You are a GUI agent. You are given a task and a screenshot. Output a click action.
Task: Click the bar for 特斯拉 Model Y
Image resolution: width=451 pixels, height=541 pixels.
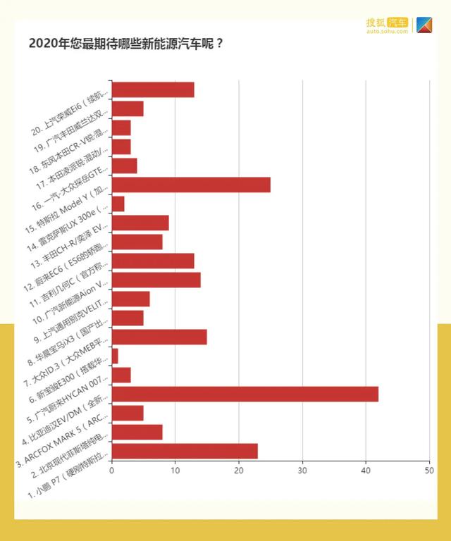tap(190, 185)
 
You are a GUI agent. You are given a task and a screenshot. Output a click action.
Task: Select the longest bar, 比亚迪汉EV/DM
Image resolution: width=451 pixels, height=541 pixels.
tap(245, 394)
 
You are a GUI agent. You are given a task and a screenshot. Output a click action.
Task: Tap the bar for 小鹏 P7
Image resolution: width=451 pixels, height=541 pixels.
tap(184, 451)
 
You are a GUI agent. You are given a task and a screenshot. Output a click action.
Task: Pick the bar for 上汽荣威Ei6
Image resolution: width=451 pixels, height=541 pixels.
tap(152, 89)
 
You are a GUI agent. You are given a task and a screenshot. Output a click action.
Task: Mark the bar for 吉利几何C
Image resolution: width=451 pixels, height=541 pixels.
tap(156, 280)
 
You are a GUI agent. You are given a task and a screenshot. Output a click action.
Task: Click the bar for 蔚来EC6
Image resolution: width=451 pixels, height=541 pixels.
tap(152, 261)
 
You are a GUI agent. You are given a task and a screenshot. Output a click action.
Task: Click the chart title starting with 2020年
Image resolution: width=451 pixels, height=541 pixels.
tap(126, 43)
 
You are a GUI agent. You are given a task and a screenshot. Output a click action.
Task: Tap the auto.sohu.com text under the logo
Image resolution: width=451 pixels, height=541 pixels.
tap(387, 32)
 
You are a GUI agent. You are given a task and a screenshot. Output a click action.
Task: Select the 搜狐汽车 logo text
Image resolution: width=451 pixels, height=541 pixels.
tap(387, 23)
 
